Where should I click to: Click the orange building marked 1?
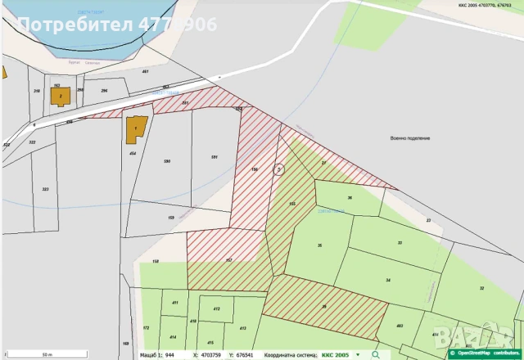pos(135,129)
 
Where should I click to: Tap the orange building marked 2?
pos(61,97)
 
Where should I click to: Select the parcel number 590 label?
pos(167,161)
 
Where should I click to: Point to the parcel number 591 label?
pos(214,156)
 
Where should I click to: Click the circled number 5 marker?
pos(278,169)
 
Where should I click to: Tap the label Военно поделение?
pos(411,137)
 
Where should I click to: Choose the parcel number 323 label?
pos(46,189)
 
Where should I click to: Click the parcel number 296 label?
pos(104,90)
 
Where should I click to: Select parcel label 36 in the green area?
pos(350,198)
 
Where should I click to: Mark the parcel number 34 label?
pos(387,281)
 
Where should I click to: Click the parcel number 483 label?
pos(400,326)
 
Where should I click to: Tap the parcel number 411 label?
pos(175,303)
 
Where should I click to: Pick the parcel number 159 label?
pos(171,217)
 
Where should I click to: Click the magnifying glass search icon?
pos(375,354)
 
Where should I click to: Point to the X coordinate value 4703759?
pos(212,354)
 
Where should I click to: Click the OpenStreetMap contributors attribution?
pos(487,354)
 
